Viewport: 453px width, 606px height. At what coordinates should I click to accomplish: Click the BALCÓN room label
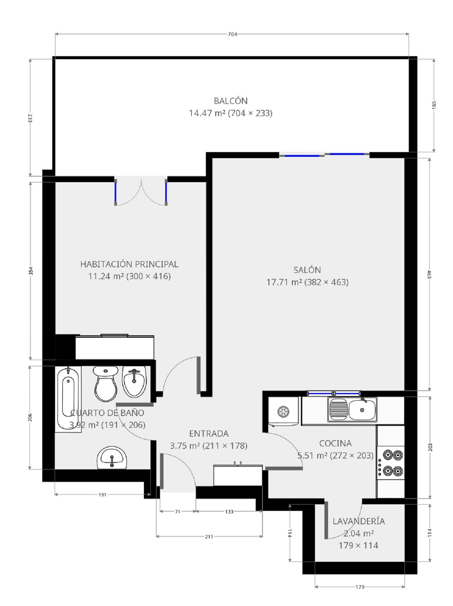click(x=231, y=101)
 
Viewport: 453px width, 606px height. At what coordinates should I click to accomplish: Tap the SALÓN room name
click(x=307, y=270)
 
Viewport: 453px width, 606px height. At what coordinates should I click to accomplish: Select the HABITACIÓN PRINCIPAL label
click(x=129, y=264)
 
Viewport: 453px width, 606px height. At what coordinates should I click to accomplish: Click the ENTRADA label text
click(x=209, y=434)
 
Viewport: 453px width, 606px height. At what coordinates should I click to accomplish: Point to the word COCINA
click(x=335, y=443)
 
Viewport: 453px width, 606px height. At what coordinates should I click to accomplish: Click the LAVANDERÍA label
click(x=359, y=521)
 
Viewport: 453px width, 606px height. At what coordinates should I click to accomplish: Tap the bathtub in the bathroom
click(x=68, y=399)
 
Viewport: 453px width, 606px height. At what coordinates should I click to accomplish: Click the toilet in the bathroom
click(x=106, y=384)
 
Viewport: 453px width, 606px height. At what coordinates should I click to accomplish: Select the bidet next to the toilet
click(x=134, y=382)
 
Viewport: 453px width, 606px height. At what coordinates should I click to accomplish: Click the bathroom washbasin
click(x=112, y=458)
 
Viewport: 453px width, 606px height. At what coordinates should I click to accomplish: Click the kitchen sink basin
click(x=362, y=410)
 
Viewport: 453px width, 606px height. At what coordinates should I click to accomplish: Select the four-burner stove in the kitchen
click(x=390, y=463)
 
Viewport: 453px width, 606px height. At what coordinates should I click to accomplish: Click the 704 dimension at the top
click(x=232, y=34)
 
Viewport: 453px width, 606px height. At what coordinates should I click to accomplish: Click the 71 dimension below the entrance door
click(x=178, y=511)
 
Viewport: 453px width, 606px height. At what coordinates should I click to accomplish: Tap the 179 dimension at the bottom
click(x=360, y=587)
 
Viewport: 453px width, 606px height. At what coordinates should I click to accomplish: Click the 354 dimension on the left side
click(x=30, y=271)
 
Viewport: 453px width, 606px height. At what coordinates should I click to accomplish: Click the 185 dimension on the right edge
click(x=434, y=105)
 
